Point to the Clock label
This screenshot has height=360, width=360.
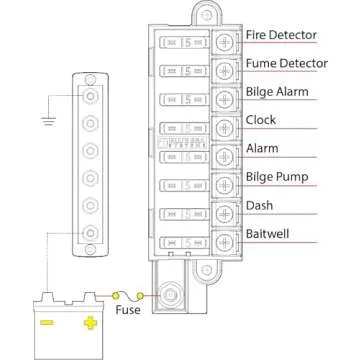click(262, 120)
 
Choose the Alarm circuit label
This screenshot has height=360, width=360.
click(263, 149)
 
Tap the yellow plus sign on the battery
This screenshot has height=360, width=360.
click(91, 323)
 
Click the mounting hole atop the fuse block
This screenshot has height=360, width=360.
click(205, 15)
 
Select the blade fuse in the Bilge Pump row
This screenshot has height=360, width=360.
click(184, 185)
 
